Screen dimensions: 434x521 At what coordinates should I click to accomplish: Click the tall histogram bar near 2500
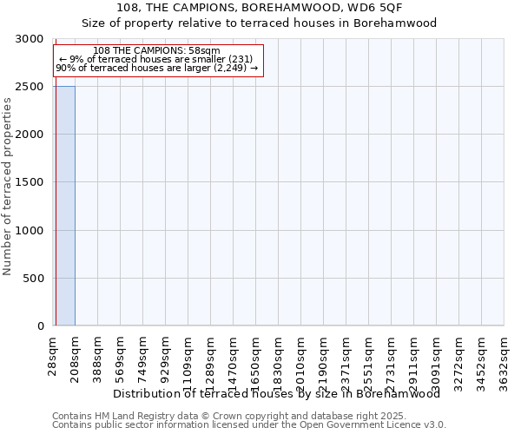click(x=64, y=206)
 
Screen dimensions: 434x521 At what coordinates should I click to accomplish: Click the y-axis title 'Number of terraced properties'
click(x=9, y=187)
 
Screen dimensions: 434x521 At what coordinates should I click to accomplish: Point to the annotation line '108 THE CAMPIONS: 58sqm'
click(x=156, y=51)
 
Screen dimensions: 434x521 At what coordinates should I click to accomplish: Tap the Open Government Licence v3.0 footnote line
click(x=249, y=424)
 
